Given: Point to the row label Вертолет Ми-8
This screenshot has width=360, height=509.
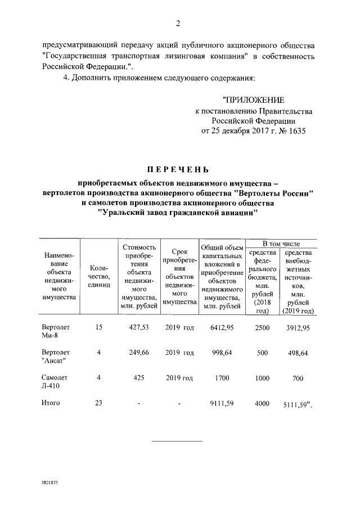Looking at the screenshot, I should pyautogui.click(x=55, y=331).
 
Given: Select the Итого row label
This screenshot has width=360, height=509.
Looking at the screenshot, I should pyautogui.click(x=51, y=402).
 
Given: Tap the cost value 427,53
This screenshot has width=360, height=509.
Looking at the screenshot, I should pyautogui.click(x=137, y=327).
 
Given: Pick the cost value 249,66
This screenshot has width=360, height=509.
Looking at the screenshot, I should pyautogui.click(x=137, y=353).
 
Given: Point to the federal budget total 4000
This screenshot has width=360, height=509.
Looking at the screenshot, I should pyautogui.click(x=262, y=403).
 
